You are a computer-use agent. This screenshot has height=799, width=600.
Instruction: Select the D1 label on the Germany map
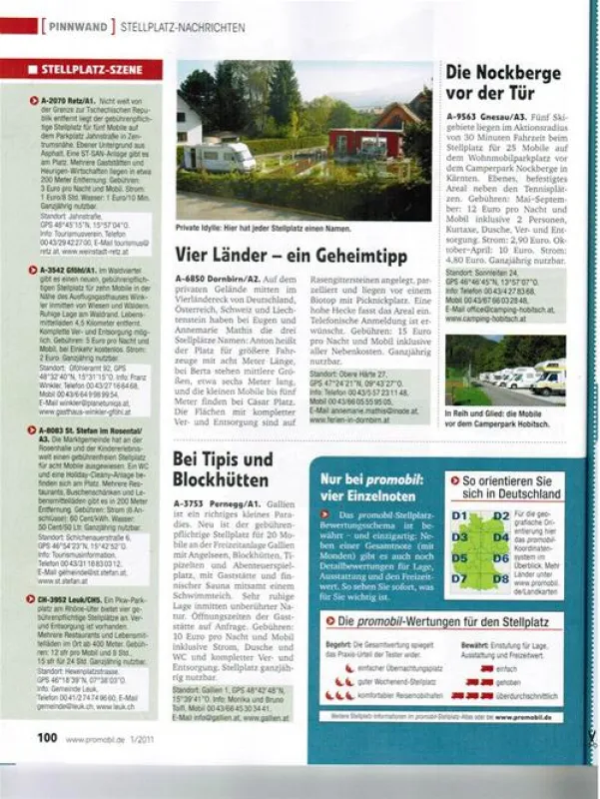(x=460, y=516)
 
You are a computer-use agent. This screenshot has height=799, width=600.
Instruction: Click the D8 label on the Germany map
(x=500, y=579)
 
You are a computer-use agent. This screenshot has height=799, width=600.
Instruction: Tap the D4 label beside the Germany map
(x=500, y=537)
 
